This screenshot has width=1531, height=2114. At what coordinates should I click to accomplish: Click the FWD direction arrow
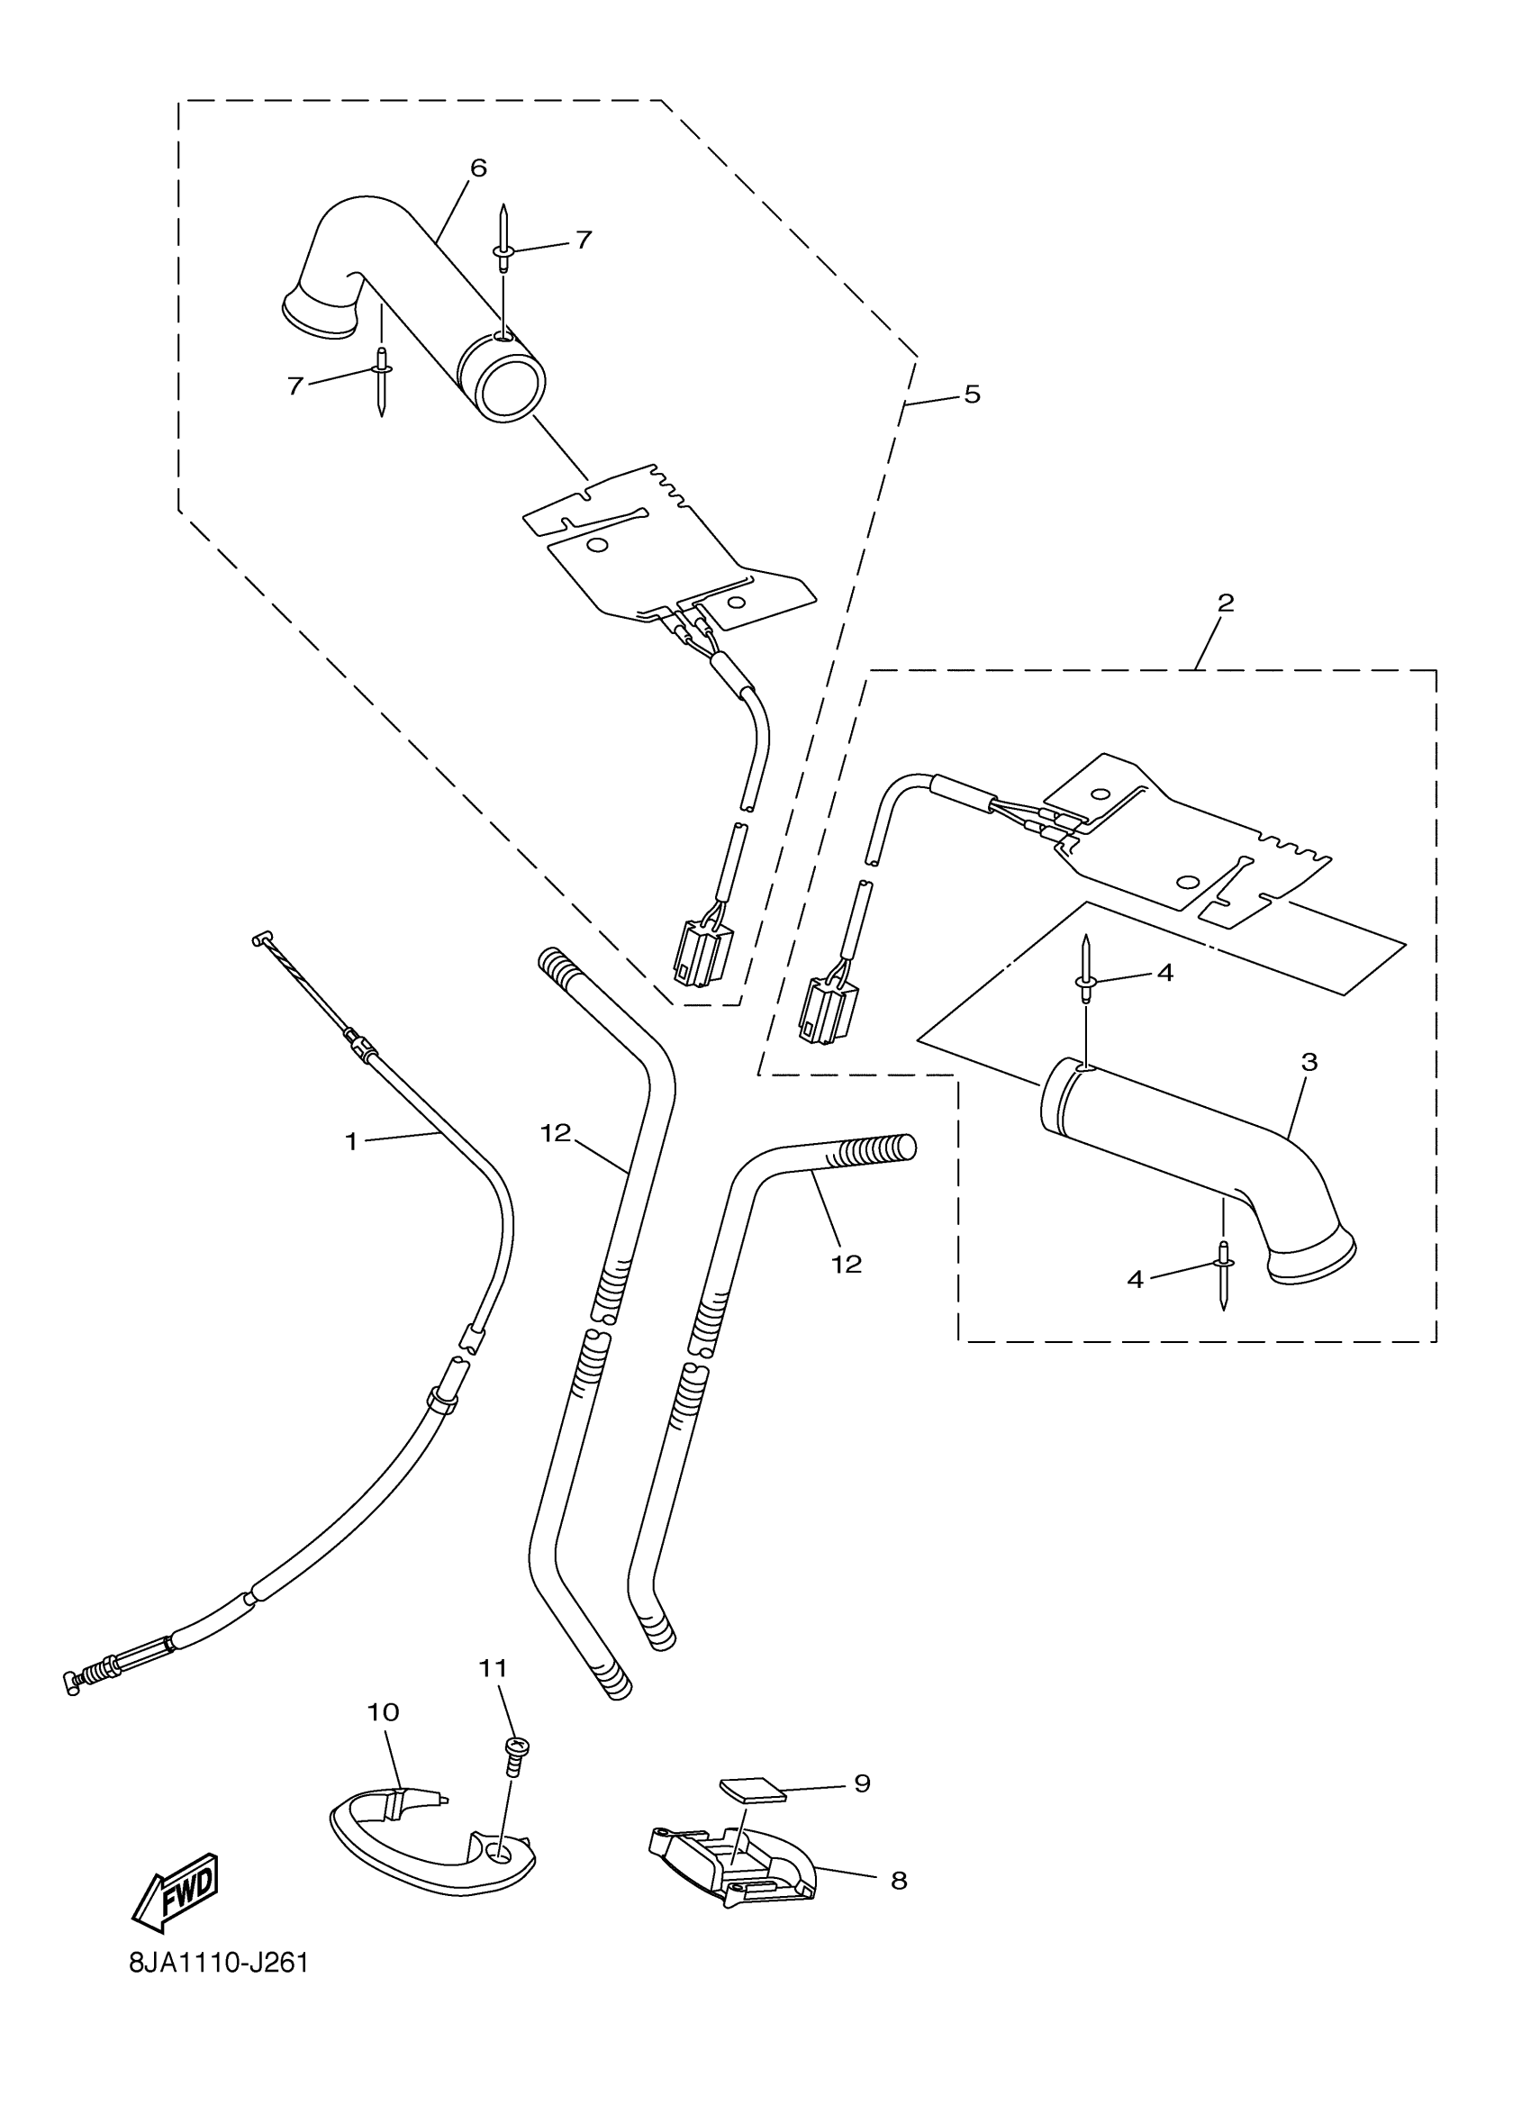[177, 1892]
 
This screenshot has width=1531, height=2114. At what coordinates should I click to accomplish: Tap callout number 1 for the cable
[351, 1142]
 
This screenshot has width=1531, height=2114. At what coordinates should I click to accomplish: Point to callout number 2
[1226, 603]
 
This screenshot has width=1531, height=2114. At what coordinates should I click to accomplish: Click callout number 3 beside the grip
[1309, 1062]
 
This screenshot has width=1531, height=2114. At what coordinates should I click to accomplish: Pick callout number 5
[972, 395]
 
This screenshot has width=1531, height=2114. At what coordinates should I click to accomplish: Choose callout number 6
[478, 168]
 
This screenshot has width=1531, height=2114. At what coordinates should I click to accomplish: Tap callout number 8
[898, 1880]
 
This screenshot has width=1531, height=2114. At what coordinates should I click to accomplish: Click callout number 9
[862, 1783]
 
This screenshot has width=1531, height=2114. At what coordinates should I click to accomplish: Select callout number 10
[383, 1712]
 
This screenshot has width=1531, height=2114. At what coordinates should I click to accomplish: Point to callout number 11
[493, 1667]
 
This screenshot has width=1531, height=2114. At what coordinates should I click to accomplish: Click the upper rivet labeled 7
[503, 240]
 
